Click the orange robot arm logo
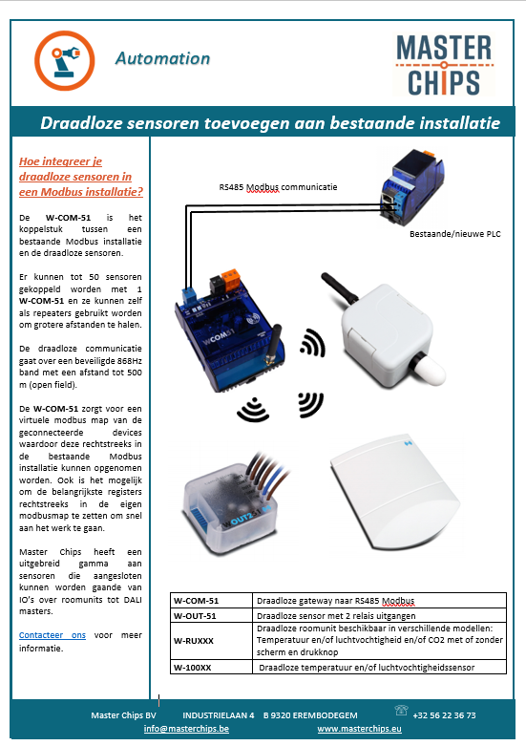[x=65, y=60]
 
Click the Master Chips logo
[x=444, y=65]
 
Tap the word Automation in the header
[x=162, y=58]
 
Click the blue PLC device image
[x=411, y=185]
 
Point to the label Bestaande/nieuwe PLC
[x=455, y=234]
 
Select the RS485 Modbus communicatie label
[x=278, y=187]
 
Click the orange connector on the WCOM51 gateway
[x=230, y=280]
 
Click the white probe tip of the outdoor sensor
[x=429, y=370]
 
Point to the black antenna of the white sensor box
[x=339, y=288]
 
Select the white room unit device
[x=395, y=494]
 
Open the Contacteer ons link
[x=53, y=635]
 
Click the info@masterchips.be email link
[x=186, y=729]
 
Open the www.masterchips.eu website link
[x=360, y=729]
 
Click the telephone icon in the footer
[x=401, y=711]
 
